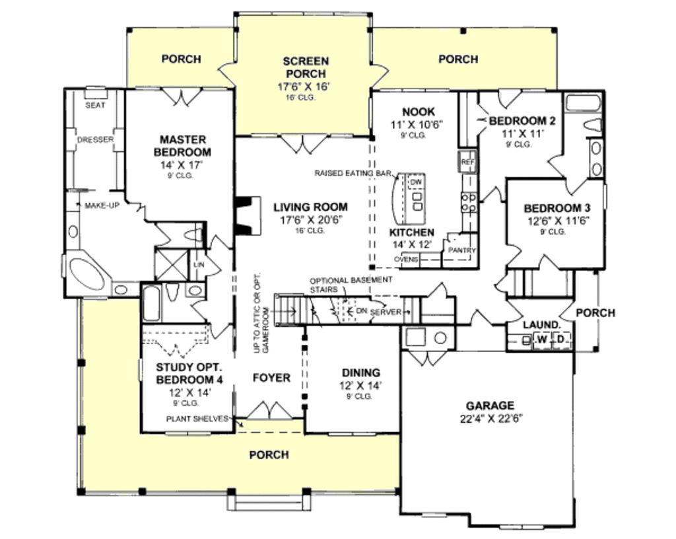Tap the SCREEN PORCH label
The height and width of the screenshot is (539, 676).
tap(305, 67)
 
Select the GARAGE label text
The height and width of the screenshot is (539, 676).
tap(490, 406)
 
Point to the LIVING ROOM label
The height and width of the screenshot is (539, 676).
tap(310, 207)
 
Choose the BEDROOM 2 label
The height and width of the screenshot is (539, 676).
tap(522, 121)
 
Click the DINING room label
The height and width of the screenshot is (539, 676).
tap(360, 373)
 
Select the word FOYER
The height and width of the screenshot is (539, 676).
tap(271, 378)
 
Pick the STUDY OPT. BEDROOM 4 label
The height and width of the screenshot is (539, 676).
tap(189, 373)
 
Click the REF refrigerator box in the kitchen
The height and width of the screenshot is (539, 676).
tap(467, 161)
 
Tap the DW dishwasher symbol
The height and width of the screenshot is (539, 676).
tap(415, 182)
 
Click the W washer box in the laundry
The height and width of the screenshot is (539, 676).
tap(541, 340)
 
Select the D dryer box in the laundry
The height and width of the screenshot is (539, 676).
tap(560, 340)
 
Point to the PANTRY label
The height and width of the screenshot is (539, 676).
tap(461, 251)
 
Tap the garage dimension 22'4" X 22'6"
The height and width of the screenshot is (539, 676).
tap(490, 418)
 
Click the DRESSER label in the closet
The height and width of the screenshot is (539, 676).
tap(95, 140)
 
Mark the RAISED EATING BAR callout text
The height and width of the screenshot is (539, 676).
tap(353, 173)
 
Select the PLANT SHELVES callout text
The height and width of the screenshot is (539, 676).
tap(197, 418)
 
